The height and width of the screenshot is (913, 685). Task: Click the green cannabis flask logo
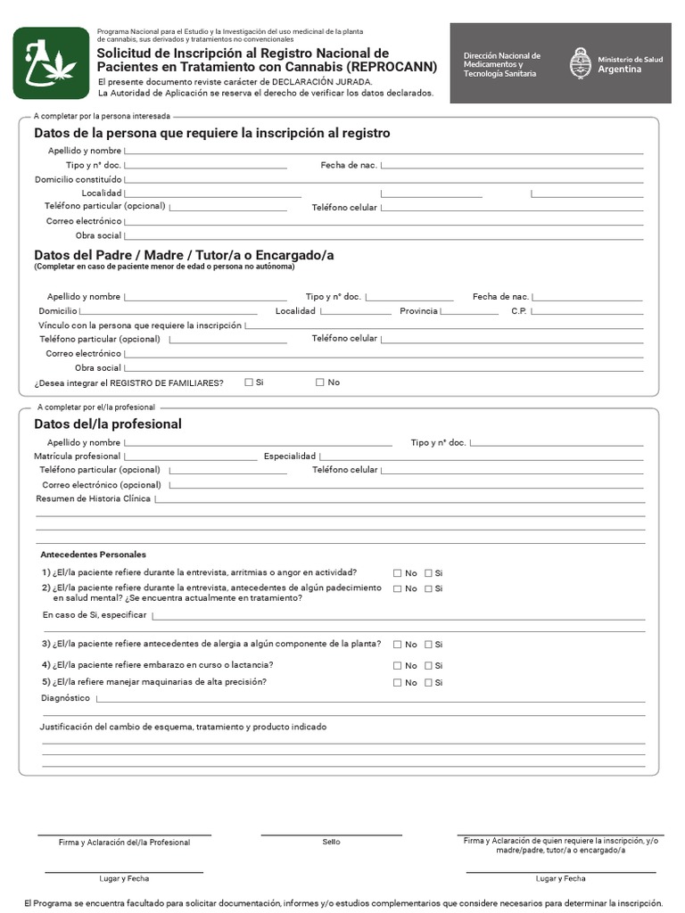[x=51, y=62]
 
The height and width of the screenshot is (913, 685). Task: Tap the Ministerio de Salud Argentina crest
[x=580, y=63]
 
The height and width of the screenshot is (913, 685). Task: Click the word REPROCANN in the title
[x=392, y=67]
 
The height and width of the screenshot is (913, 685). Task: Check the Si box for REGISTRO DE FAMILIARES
[x=249, y=382]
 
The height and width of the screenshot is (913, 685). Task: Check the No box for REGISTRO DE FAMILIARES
[x=320, y=382]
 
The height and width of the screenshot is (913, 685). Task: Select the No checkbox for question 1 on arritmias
[x=398, y=573]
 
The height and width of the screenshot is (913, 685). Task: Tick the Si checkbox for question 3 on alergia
[x=428, y=645]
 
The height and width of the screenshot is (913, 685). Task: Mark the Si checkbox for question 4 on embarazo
[x=428, y=666]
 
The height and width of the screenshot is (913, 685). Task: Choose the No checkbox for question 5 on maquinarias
[x=398, y=683]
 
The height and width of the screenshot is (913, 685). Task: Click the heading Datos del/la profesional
[x=107, y=424]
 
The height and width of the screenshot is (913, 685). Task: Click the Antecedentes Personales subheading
[x=94, y=555]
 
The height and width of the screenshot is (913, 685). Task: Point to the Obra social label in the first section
[x=98, y=235]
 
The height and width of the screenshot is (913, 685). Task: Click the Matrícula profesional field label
[x=78, y=456]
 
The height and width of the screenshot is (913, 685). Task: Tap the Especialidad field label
[x=290, y=456]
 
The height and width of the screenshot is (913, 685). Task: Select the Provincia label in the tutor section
[x=418, y=311]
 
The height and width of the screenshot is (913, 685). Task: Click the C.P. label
[x=519, y=311]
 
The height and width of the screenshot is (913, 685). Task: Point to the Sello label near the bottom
[x=331, y=842]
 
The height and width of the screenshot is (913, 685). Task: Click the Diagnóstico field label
[x=66, y=699]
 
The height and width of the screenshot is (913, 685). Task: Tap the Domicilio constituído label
[x=78, y=179]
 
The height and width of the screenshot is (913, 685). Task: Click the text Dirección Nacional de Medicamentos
[x=502, y=61]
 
